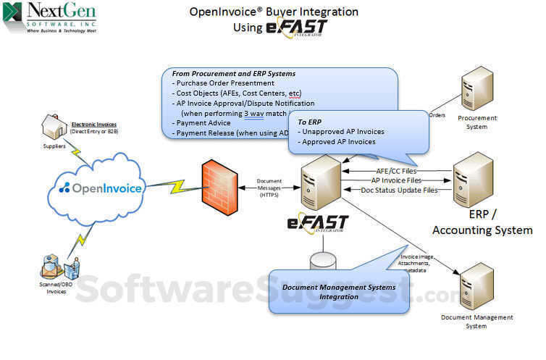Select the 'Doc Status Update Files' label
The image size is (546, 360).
pos(399,190)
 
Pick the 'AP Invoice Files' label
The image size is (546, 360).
pos(397,180)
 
